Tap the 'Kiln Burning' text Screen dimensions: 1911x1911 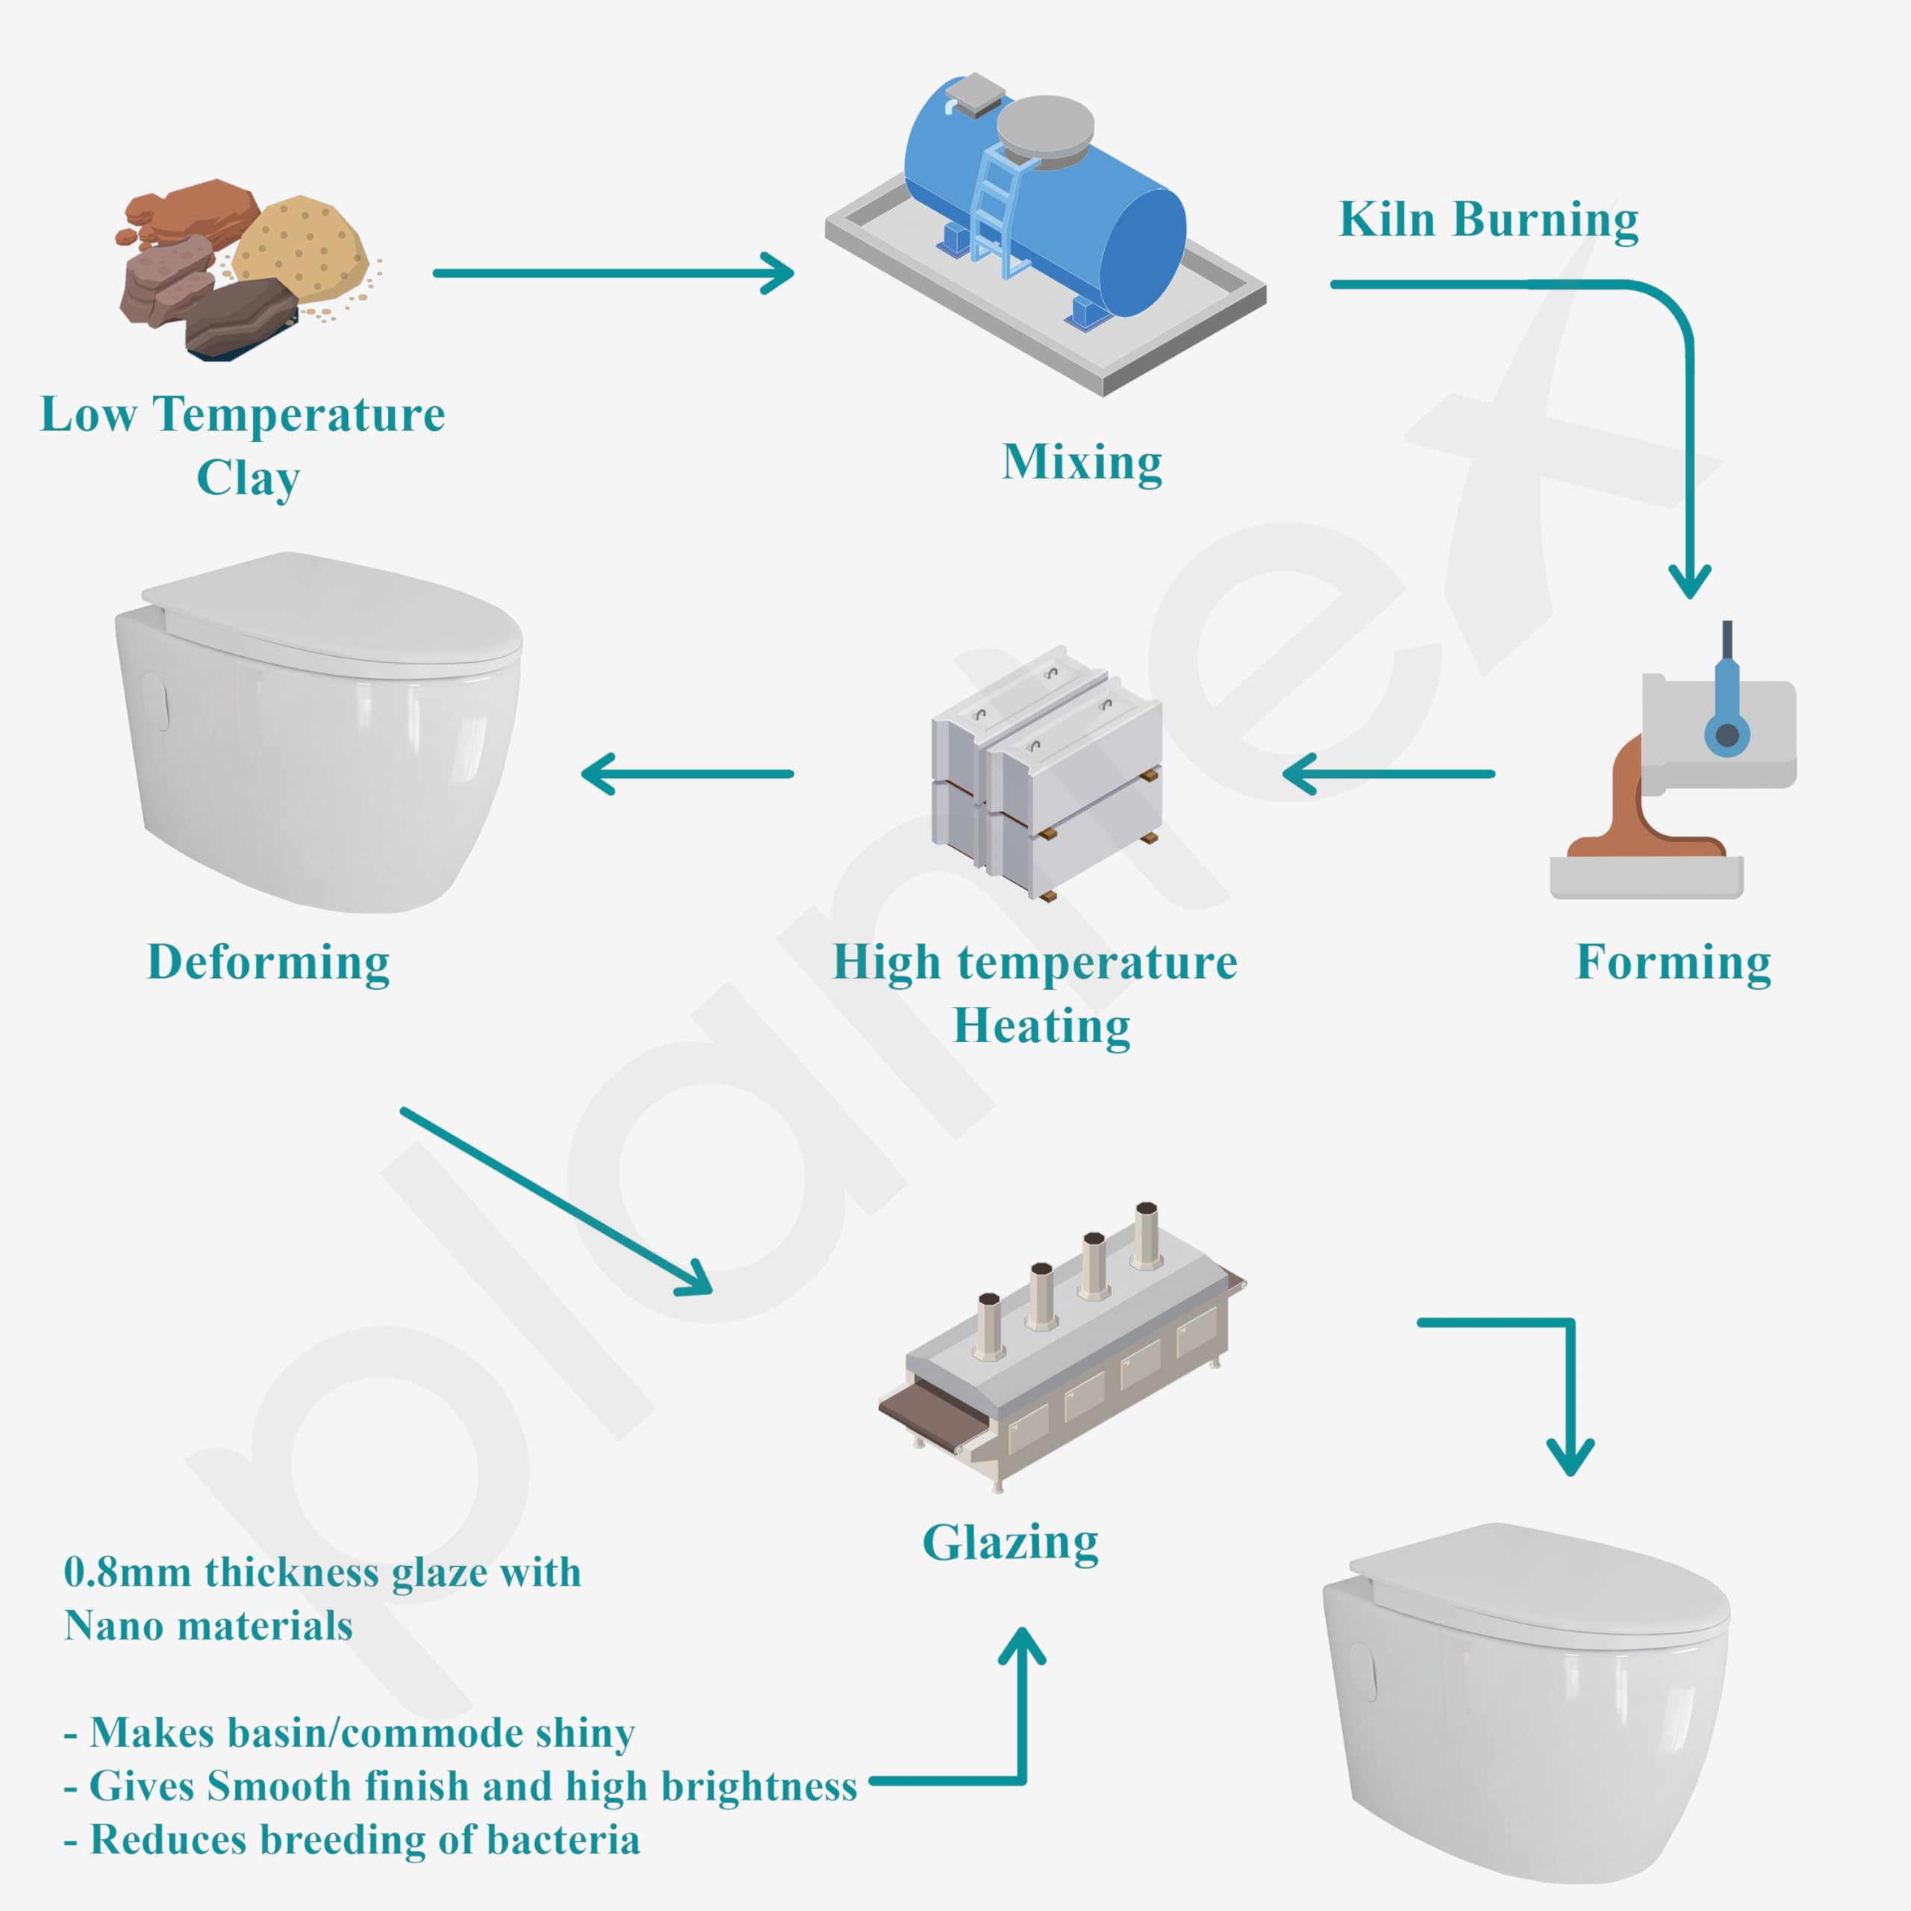[x=1488, y=219]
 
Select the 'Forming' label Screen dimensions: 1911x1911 [x=1673, y=961]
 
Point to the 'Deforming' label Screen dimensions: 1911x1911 [x=268, y=961]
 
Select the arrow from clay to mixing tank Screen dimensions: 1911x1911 [x=614, y=273]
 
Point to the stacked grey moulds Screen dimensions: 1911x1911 [x=1046, y=772]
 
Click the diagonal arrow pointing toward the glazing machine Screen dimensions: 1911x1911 [x=555, y=1200]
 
